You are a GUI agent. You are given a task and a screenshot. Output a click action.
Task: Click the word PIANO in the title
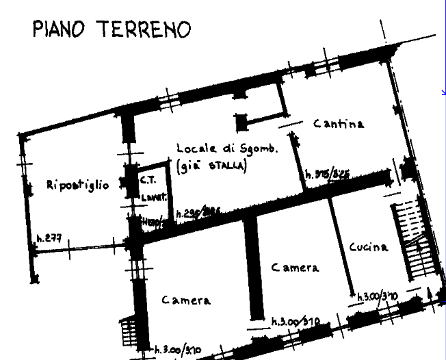point(60,29)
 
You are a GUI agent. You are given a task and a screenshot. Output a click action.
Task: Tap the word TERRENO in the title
point(143,29)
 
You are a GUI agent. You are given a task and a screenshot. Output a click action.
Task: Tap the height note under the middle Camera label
point(295,321)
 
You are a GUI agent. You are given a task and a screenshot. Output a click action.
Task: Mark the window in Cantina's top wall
point(322,66)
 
